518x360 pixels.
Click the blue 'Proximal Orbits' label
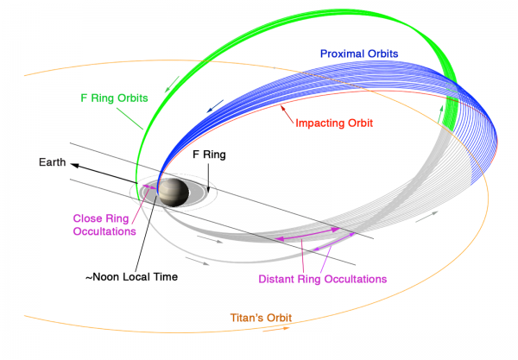coord(358,54)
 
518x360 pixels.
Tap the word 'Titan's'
coord(246,317)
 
